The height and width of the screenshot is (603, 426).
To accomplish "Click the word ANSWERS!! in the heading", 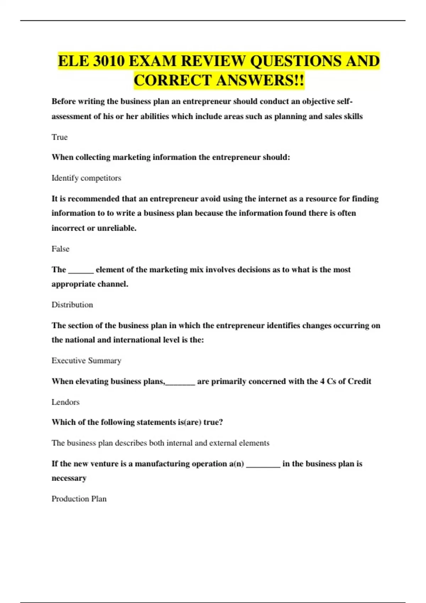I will point(260,80).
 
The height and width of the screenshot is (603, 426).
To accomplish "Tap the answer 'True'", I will point(60,137).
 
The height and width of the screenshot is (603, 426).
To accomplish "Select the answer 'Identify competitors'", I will point(86,178).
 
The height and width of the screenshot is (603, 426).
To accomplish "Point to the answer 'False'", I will point(60,249).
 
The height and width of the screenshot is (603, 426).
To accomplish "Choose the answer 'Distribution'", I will point(72,305).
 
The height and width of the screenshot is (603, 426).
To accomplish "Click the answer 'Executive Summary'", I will point(86,361).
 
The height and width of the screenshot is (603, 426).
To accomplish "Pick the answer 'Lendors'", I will point(65,402).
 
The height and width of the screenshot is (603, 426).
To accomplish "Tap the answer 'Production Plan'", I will point(79,499).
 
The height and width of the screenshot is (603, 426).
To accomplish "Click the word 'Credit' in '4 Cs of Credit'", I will point(359,381).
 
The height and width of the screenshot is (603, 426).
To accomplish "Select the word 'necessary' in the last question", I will point(69,478).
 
